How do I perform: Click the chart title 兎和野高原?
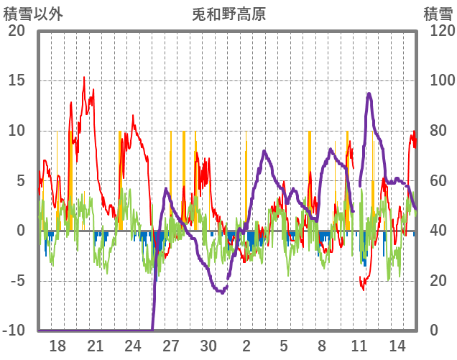[x=228, y=14]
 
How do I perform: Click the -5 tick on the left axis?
[x=16, y=281]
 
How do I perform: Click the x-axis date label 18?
[x=57, y=345]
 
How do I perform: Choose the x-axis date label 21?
[x=96, y=345]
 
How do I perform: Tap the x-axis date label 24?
[x=133, y=345]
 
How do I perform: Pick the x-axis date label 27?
[x=171, y=345]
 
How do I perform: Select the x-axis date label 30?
[x=208, y=345]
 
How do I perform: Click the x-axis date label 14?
[x=397, y=345]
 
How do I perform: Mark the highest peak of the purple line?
[x=369, y=93]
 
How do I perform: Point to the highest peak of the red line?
[x=84, y=78]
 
